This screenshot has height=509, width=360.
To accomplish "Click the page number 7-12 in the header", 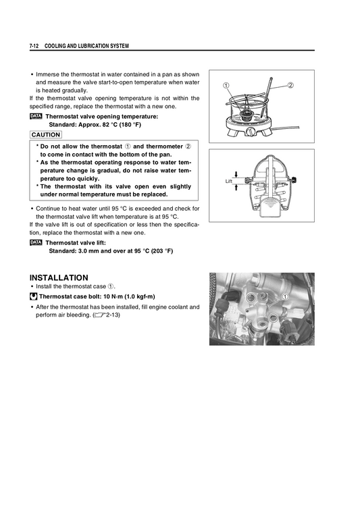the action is tap(34, 46).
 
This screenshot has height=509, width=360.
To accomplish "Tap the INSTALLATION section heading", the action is tap(59, 277).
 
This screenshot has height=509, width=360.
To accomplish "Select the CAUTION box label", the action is tap(46, 135).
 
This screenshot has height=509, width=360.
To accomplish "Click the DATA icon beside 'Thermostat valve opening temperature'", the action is tap(36, 116).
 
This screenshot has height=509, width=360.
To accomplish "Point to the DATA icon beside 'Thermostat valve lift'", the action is tap(36, 242).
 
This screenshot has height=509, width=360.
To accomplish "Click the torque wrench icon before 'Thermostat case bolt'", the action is tap(34, 296).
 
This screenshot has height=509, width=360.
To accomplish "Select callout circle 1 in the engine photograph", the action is tap(286, 296).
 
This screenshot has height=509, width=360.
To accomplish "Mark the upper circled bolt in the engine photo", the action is tap(253, 296).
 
